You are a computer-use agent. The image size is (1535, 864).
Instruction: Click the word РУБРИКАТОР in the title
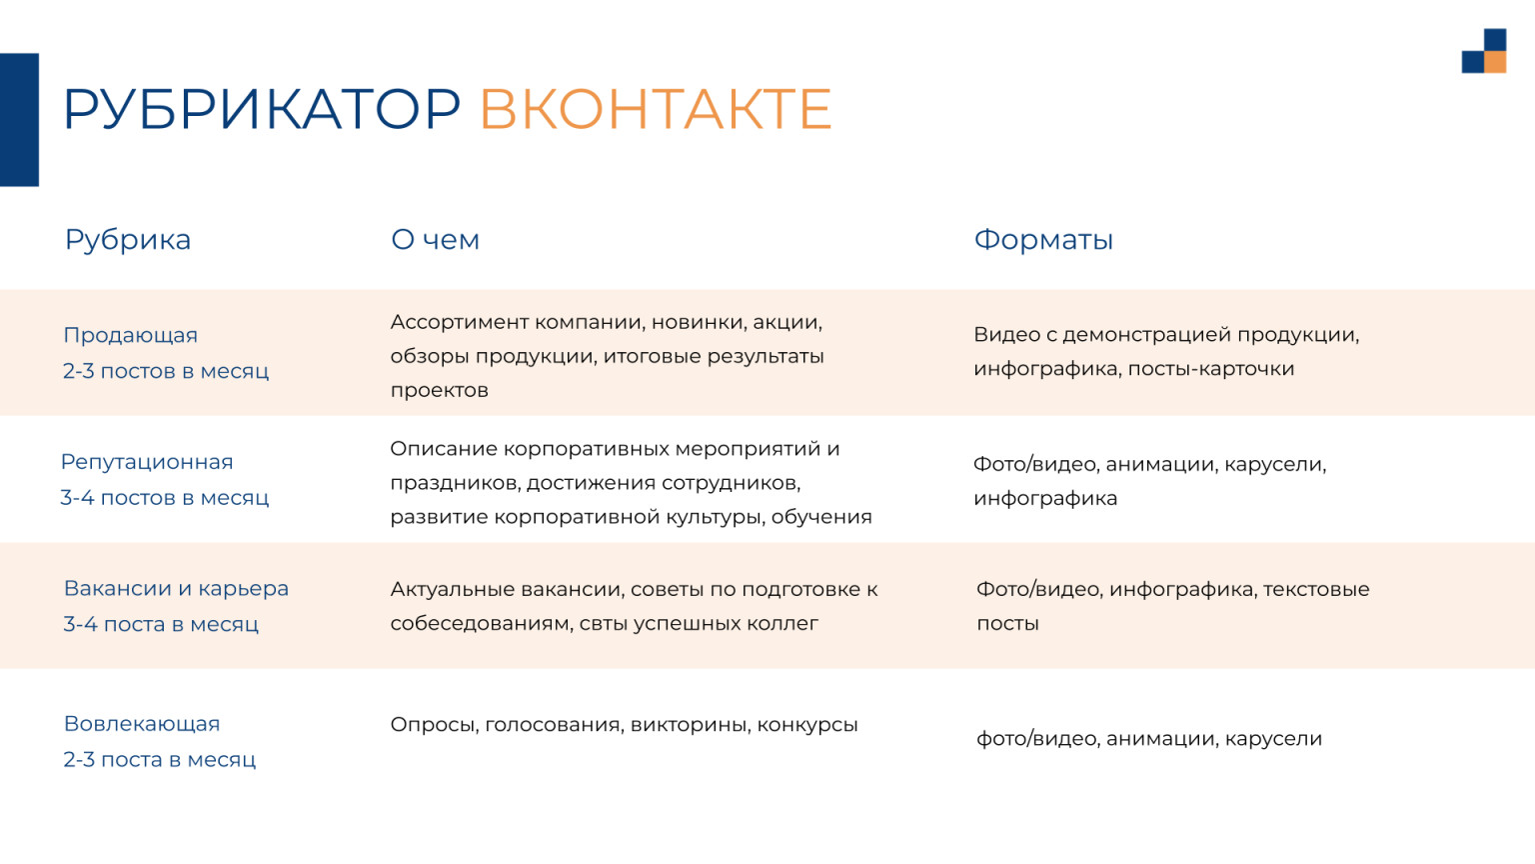pos(261,108)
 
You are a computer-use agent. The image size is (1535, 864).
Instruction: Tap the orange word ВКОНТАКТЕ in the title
pos(656,108)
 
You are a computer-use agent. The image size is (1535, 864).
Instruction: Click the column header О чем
pos(435,240)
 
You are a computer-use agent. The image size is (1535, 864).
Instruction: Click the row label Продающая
pos(130,336)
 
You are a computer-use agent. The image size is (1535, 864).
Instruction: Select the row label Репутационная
pos(147,462)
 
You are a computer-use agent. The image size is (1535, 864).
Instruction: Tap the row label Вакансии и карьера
pos(176,589)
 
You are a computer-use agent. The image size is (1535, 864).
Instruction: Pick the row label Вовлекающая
pos(142,724)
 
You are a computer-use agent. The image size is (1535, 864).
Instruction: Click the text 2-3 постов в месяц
pos(166,371)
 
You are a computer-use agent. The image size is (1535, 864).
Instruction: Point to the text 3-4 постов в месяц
pos(165,498)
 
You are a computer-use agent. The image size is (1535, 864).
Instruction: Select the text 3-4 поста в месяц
pos(161,625)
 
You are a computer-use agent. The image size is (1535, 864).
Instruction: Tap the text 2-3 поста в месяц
pos(160,760)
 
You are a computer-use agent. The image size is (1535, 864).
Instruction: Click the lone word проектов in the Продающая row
pos(440,391)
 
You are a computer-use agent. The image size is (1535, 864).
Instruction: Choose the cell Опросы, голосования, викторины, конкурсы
pos(624,725)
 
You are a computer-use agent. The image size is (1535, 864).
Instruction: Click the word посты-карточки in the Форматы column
pos(1211,369)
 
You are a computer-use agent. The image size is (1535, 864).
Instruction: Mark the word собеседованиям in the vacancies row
pos(480,624)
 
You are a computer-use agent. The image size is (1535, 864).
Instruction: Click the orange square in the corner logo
pos(1495,62)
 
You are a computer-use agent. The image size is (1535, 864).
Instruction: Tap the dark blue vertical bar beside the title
pos(19,119)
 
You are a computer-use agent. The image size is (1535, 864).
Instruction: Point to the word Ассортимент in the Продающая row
pos(459,322)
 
